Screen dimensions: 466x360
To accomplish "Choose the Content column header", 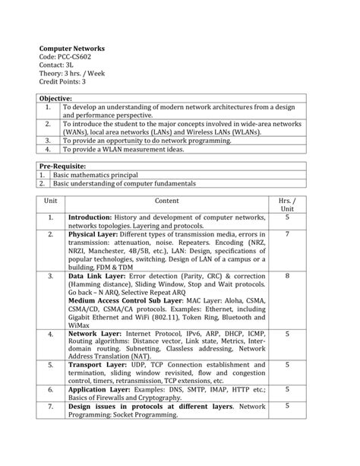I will [167, 200].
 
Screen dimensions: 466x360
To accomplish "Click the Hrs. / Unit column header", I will [287, 204].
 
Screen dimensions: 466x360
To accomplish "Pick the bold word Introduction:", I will [90, 218].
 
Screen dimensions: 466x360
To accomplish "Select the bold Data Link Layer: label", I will [96, 275].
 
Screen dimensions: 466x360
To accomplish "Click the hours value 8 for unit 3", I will [287, 275].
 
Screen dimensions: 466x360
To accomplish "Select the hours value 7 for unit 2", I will [287, 235].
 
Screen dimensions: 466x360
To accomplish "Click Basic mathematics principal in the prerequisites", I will [95, 174].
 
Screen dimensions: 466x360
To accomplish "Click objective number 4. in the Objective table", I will [47, 149].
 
